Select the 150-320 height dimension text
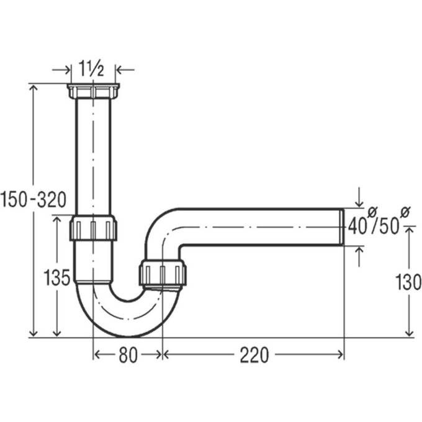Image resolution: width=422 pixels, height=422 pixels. coord(34,199)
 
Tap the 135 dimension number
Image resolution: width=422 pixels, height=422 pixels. coord(57,277)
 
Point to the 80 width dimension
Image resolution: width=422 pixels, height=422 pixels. coord(128,354)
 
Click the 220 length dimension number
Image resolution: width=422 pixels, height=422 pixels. coord(254,355)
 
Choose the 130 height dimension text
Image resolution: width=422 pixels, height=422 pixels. coord(408,282)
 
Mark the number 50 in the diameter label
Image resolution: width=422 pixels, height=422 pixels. coord(388,227)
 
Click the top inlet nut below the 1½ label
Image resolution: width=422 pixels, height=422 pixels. coord(93,91)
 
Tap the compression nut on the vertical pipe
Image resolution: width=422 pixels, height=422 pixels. coord(93,228)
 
